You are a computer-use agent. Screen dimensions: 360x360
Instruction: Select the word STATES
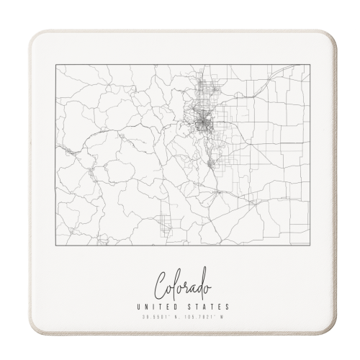(203, 307)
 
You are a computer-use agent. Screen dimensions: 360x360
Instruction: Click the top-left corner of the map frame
(55, 65)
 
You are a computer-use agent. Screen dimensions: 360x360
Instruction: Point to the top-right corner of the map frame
(310, 65)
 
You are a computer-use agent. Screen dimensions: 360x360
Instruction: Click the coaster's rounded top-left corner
(32, 37)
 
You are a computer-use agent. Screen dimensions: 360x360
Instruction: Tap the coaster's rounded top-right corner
(332, 36)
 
